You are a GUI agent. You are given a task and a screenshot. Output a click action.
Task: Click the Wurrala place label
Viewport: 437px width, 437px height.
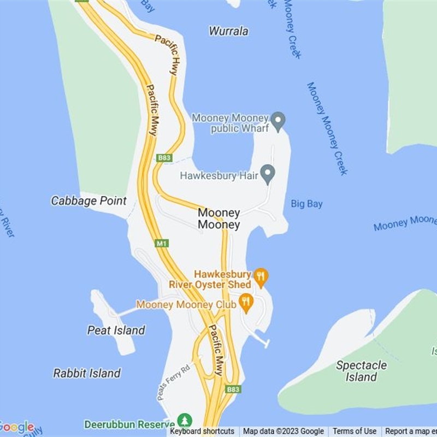(x=228, y=31)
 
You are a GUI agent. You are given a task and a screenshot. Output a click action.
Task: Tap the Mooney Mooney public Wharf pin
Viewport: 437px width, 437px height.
(x=279, y=121)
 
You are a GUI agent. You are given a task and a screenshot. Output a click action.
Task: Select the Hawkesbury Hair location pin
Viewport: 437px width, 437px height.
(x=267, y=174)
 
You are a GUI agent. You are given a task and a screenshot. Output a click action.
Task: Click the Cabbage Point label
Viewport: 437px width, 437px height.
(x=88, y=201)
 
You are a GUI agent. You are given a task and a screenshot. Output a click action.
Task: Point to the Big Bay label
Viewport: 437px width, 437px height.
(x=306, y=204)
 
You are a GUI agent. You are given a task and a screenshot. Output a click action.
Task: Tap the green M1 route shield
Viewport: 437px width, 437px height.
(x=162, y=243)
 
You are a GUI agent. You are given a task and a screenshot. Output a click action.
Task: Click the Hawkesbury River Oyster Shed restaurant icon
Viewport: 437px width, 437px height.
(x=261, y=277)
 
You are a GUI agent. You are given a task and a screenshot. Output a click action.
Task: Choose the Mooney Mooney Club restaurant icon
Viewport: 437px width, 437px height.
(x=246, y=303)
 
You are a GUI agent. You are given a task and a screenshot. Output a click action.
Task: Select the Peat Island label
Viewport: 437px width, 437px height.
(x=116, y=330)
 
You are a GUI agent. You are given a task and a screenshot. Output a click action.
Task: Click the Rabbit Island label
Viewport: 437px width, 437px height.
(x=87, y=373)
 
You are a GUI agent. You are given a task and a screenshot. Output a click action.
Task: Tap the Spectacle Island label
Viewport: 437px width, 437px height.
(x=361, y=371)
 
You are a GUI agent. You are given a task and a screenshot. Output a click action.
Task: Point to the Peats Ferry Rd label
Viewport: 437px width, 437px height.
(x=173, y=382)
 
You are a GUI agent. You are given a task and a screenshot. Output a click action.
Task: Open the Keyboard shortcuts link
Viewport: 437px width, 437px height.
(x=202, y=432)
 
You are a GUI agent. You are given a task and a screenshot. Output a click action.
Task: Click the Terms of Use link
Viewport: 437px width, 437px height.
(x=355, y=432)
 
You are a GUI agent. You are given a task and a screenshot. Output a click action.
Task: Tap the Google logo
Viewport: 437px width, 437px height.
(x=17, y=427)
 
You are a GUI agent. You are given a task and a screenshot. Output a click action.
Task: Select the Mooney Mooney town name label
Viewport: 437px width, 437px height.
(x=218, y=218)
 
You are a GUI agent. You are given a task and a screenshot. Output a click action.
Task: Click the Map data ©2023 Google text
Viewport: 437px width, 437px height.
(x=284, y=432)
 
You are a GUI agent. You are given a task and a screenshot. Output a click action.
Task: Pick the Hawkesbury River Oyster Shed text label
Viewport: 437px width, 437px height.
(x=210, y=279)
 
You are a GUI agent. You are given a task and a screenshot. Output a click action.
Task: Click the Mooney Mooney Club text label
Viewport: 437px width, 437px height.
(x=186, y=305)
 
